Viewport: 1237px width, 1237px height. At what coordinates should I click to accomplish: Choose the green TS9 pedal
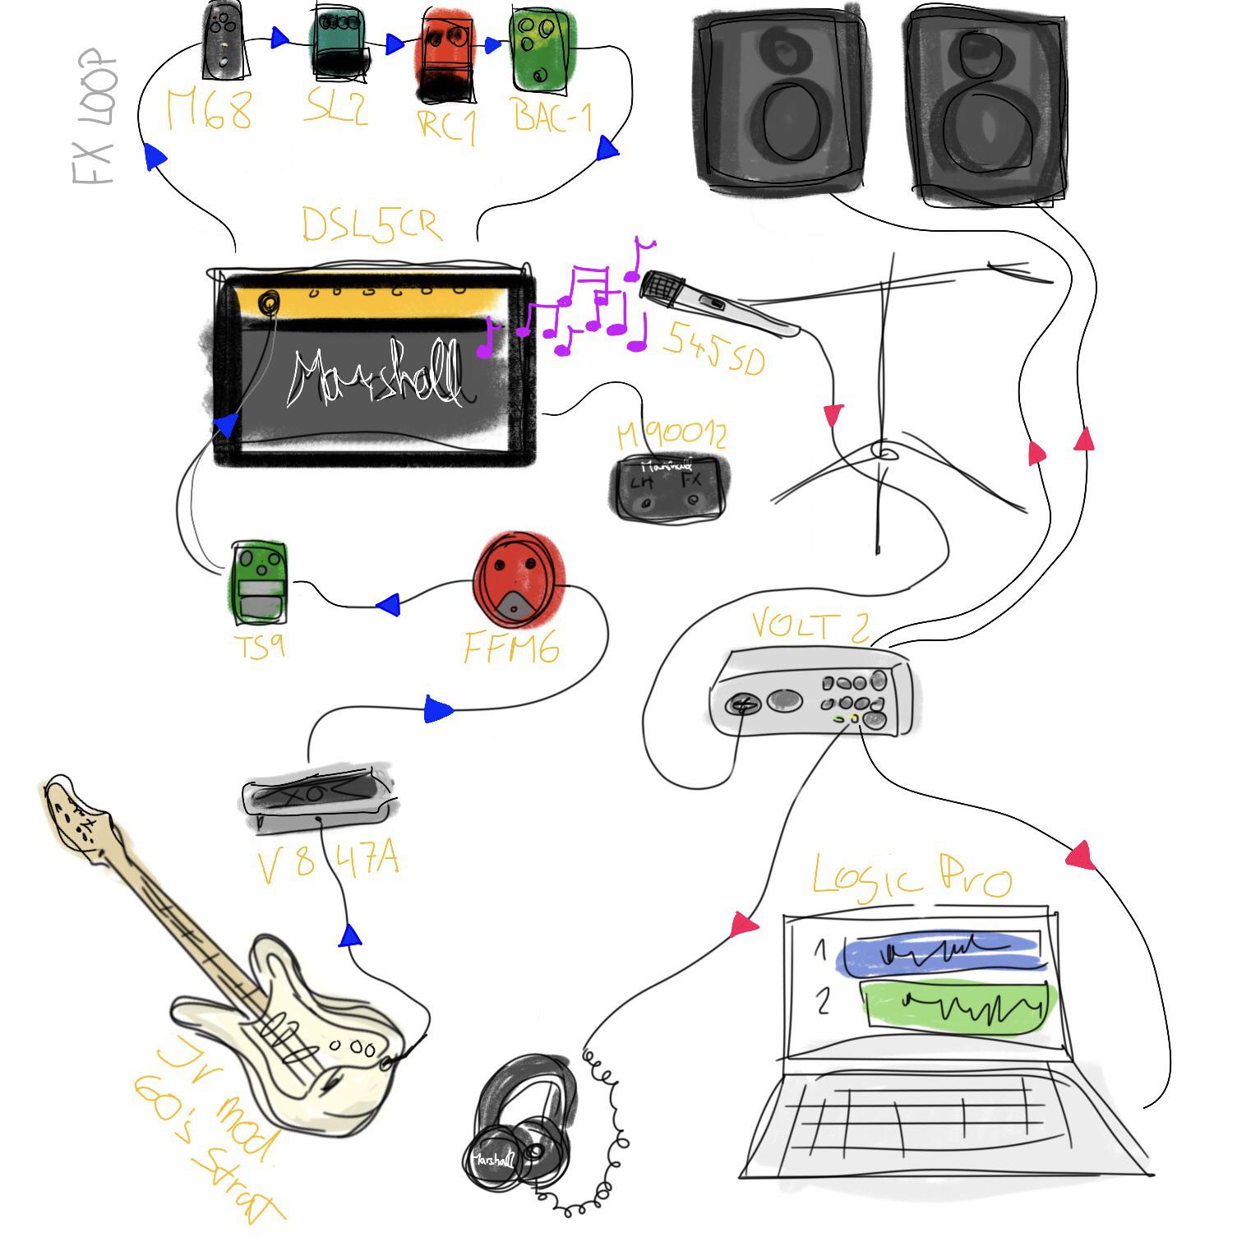[x=260, y=580]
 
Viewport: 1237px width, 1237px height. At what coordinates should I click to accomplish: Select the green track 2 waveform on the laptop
[x=958, y=1005]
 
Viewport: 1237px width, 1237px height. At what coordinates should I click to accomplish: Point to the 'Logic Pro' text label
[x=911, y=877]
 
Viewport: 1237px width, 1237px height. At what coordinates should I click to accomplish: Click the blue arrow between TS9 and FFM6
[x=388, y=606]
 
